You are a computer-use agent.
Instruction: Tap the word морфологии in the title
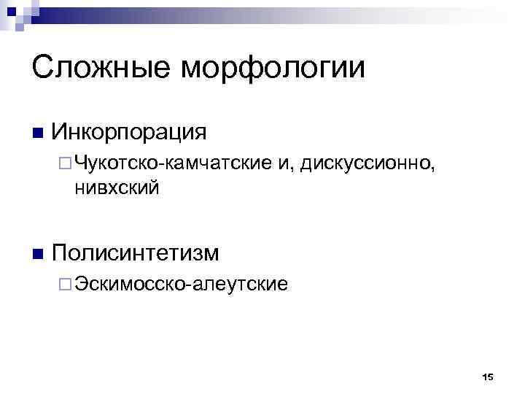pos(273,69)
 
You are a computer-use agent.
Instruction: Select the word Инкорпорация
pos(130,133)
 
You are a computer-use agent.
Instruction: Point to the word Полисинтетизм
pos(136,253)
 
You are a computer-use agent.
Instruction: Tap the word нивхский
pos(116,188)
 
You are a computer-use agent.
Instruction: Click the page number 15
pos(488,376)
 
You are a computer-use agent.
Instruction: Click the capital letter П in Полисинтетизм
pos(60,253)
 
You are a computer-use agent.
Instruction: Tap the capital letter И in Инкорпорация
pos(61,133)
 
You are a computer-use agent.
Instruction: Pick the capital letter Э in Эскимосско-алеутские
pos(79,284)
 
